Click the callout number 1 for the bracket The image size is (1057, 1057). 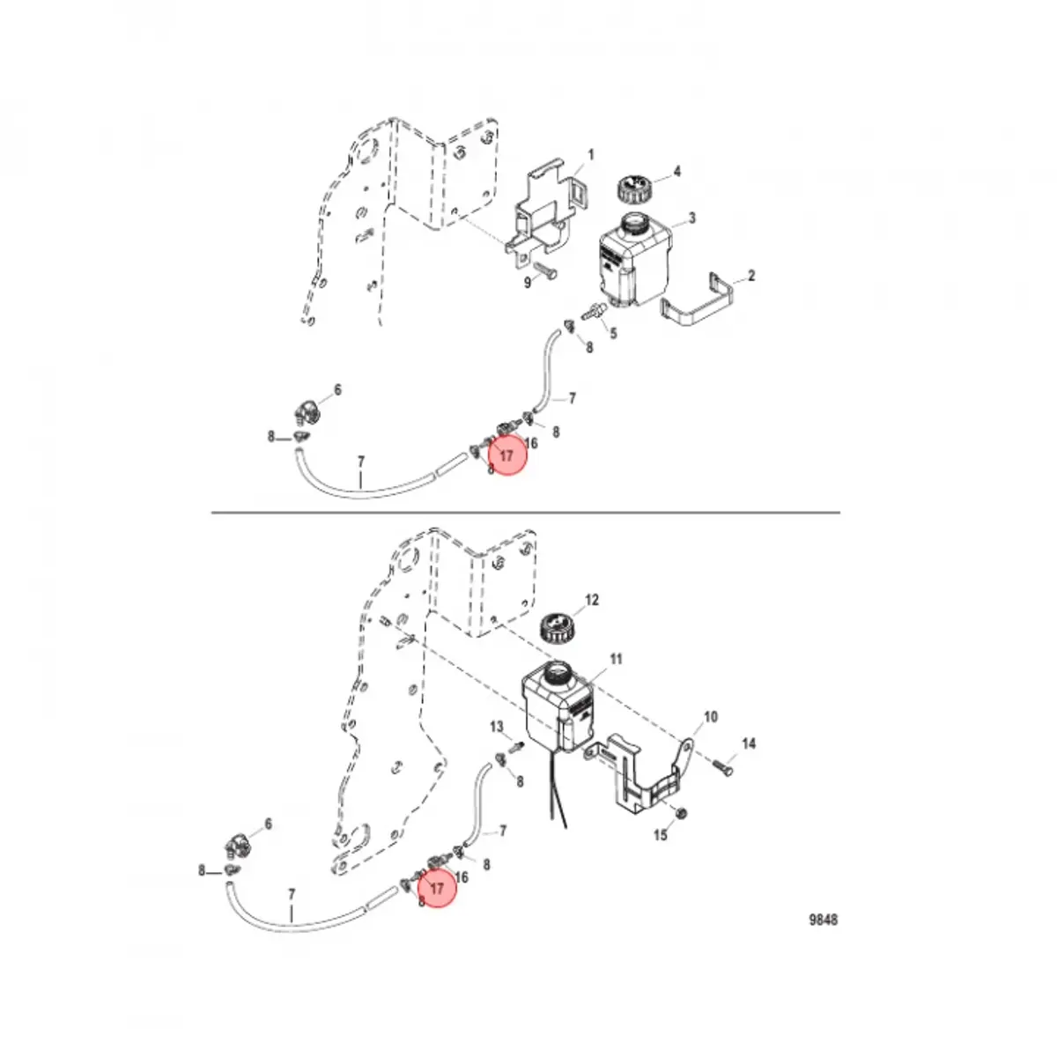591,155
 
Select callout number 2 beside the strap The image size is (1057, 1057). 751,277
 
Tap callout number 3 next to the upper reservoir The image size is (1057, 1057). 692,218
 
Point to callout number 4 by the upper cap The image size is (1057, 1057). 676,171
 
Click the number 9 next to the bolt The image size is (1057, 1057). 528,283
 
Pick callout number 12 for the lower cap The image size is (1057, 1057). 592,600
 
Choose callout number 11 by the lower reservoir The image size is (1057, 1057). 617,659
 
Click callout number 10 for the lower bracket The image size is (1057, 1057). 711,717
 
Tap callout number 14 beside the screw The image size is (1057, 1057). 749,744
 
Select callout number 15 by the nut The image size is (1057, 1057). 661,835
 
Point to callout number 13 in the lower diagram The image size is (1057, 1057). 497,727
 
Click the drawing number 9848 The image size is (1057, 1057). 824,920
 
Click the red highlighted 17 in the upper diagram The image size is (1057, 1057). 507,456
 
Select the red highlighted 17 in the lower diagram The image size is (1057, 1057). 438,890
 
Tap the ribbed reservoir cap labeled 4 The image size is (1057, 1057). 632,188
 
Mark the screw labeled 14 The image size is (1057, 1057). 724,763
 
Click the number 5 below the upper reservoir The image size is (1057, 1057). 613,333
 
